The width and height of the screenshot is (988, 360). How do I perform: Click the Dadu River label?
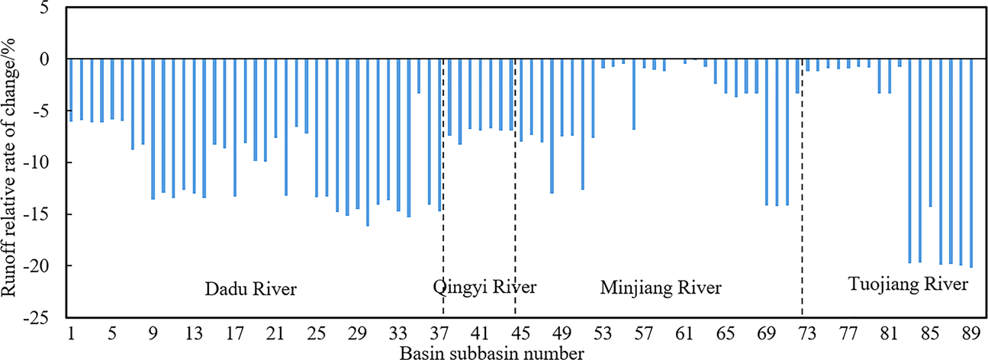[x=250, y=289]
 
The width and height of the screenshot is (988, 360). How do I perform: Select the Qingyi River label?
[x=484, y=288]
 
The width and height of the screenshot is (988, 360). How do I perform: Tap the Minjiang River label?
[x=661, y=288]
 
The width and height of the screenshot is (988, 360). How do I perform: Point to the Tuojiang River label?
[x=909, y=285]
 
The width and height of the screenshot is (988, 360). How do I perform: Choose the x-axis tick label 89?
[x=970, y=333]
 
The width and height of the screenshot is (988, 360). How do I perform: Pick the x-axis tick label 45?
[x=520, y=333]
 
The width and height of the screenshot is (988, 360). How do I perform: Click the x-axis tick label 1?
[x=71, y=333]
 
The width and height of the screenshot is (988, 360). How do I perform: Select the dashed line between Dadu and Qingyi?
[x=443, y=191]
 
